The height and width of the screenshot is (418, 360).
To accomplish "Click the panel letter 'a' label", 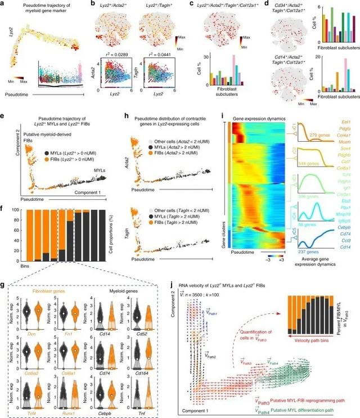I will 3,4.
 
